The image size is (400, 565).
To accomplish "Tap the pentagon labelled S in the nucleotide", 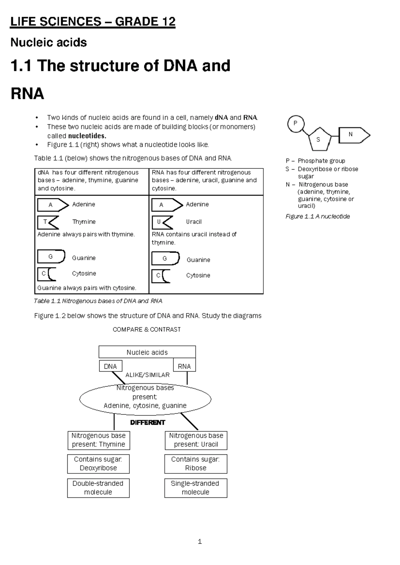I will (x=319, y=139).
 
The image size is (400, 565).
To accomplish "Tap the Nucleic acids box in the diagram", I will (x=147, y=352).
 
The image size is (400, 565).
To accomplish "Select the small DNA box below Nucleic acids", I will (x=110, y=366).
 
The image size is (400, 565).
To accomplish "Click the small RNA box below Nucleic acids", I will (x=184, y=366).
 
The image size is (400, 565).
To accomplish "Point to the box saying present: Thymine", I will (x=98, y=440).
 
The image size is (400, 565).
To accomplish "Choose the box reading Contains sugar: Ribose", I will (x=196, y=464).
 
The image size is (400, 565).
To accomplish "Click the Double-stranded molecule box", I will (x=98, y=488).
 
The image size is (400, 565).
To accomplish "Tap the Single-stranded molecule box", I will (x=196, y=488).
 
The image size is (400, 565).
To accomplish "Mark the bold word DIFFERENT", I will (x=147, y=422).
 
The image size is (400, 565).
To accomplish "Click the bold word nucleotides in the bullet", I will (x=87, y=136).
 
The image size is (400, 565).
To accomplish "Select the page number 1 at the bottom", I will (x=200, y=542).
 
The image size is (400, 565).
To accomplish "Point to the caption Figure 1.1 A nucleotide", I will (x=317, y=217).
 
